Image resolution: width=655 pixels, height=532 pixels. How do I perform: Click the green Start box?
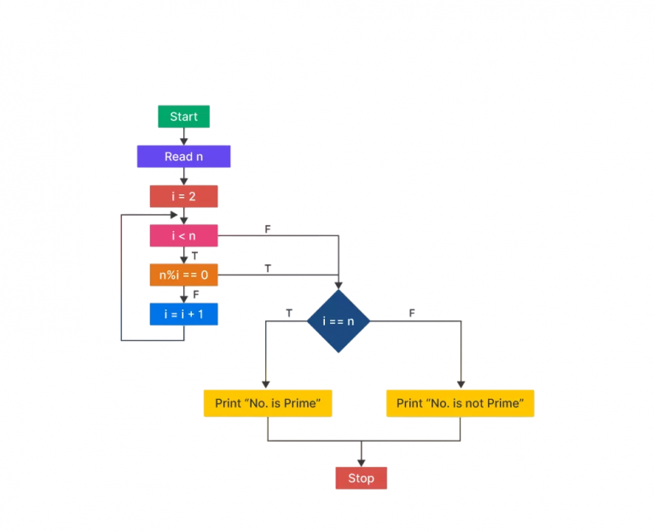point(183,117)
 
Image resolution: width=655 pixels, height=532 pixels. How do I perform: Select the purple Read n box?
point(183,157)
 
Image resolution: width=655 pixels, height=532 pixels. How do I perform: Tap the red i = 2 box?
point(183,196)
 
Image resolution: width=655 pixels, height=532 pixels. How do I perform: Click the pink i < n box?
point(183,235)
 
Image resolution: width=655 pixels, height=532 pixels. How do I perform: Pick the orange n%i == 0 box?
point(183,275)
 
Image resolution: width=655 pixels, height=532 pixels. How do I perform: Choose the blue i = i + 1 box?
point(183,314)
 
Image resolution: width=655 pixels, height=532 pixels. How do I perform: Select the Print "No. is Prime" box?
point(267,403)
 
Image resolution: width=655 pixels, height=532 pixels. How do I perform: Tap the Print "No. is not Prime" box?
point(460,403)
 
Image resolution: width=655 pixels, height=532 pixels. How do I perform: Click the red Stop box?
point(361,478)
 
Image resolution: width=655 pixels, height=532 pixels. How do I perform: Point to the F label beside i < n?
point(268,229)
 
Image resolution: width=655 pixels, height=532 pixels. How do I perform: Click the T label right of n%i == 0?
point(268,269)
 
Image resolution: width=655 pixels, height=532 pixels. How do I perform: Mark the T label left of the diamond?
point(288,314)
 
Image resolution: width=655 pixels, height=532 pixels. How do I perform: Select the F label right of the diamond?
point(412,314)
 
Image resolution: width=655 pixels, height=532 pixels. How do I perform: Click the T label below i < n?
point(194,255)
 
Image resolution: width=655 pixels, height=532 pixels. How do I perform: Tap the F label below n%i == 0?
point(195,294)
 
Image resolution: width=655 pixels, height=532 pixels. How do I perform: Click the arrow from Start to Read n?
point(183,136)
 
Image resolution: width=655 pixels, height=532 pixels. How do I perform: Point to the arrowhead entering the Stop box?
point(361,462)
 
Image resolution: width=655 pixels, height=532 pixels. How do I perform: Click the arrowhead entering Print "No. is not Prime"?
point(461,385)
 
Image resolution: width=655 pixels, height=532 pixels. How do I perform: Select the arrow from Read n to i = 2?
point(183,176)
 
